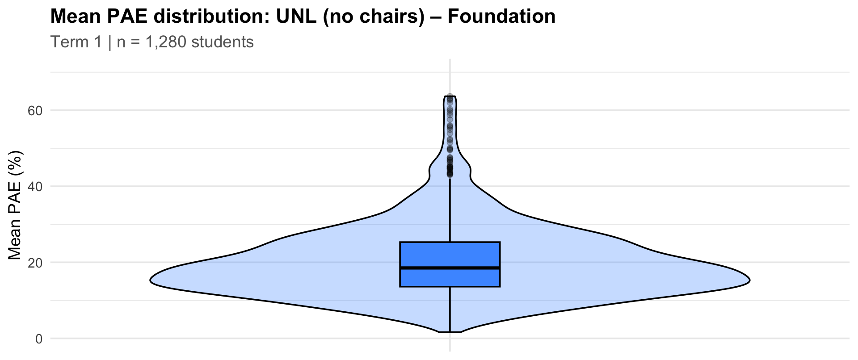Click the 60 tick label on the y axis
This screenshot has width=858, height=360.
tap(35, 110)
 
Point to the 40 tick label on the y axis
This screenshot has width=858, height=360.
tap(35, 186)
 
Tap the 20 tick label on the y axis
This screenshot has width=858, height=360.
tap(35, 263)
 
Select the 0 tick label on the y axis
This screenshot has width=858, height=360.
tap(38, 339)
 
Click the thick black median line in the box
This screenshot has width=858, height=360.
tap(450, 268)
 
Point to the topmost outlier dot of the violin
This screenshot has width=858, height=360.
tap(450, 96)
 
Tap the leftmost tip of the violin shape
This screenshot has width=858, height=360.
tap(151, 281)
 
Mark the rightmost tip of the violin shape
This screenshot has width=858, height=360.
tap(749, 280)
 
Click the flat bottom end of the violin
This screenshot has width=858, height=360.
tap(450, 332)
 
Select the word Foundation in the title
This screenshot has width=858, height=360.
tap(501, 17)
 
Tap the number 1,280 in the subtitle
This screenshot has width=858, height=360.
tap(166, 42)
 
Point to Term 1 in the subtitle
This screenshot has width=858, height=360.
tap(76, 42)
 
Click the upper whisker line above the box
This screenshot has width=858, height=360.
tap(450, 214)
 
